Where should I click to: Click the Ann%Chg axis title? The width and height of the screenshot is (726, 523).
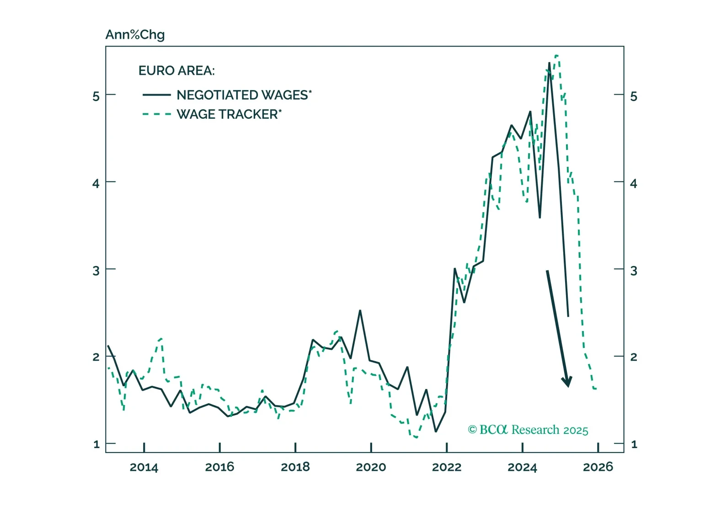click(x=135, y=35)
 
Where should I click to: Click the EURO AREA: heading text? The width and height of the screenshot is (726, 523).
click(x=176, y=71)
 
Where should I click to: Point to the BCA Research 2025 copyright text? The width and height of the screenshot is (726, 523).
click(x=528, y=430)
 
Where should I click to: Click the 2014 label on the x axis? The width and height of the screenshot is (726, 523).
click(x=144, y=467)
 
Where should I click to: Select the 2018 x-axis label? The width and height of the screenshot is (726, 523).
click(x=295, y=467)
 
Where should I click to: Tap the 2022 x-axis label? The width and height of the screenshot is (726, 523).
click(x=447, y=467)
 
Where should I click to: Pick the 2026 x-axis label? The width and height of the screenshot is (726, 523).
click(x=598, y=467)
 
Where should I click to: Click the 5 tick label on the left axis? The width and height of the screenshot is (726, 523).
click(x=96, y=96)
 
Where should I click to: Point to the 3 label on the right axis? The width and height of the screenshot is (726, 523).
click(x=634, y=271)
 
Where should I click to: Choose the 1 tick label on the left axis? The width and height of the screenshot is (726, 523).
click(x=96, y=444)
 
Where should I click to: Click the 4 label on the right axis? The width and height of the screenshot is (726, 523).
click(x=634, y=183)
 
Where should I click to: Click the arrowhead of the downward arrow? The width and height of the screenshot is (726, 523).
click(x=567, y=382)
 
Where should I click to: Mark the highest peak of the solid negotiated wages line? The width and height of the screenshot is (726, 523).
click(x=549, y=63)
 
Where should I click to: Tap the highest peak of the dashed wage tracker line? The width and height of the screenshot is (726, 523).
click(x=557, y=56)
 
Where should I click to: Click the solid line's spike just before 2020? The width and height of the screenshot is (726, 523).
click(x=360, y=310)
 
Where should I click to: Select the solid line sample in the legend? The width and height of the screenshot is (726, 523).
click(x=156, y=95)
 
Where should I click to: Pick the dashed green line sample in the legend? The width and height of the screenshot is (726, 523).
click(x=156, y=114)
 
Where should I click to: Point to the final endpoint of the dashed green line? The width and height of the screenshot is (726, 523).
click(x=596, y=389)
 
